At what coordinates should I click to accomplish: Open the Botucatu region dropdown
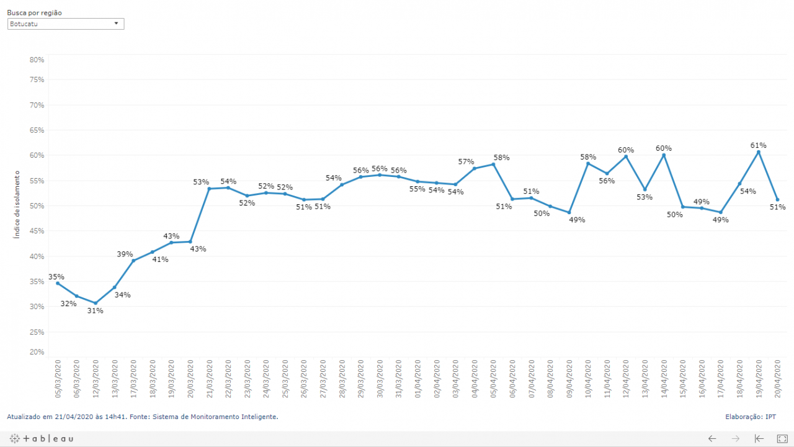coord(66,24)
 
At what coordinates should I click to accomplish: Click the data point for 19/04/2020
coord(758,152)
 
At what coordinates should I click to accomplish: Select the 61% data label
coord(758,145)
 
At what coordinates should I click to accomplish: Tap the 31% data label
coord(96,310)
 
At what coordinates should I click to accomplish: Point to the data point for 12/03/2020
coord(96,303)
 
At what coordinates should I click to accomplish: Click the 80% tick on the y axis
coord(37,60)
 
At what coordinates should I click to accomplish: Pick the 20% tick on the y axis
coord(37,352)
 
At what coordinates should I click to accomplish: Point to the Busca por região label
coord(34,12)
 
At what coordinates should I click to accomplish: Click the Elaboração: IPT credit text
coord(750,417)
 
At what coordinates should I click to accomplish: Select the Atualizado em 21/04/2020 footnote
coord(142,417)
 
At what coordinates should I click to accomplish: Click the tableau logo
coord(42,438)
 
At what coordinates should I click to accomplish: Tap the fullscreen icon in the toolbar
coord(782,438)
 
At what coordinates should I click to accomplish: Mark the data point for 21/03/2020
coord(209,188)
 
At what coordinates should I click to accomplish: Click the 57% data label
coord(466,161)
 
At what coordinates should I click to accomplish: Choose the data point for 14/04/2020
coord(664,155)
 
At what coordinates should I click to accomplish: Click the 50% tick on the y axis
coord(37,205)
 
